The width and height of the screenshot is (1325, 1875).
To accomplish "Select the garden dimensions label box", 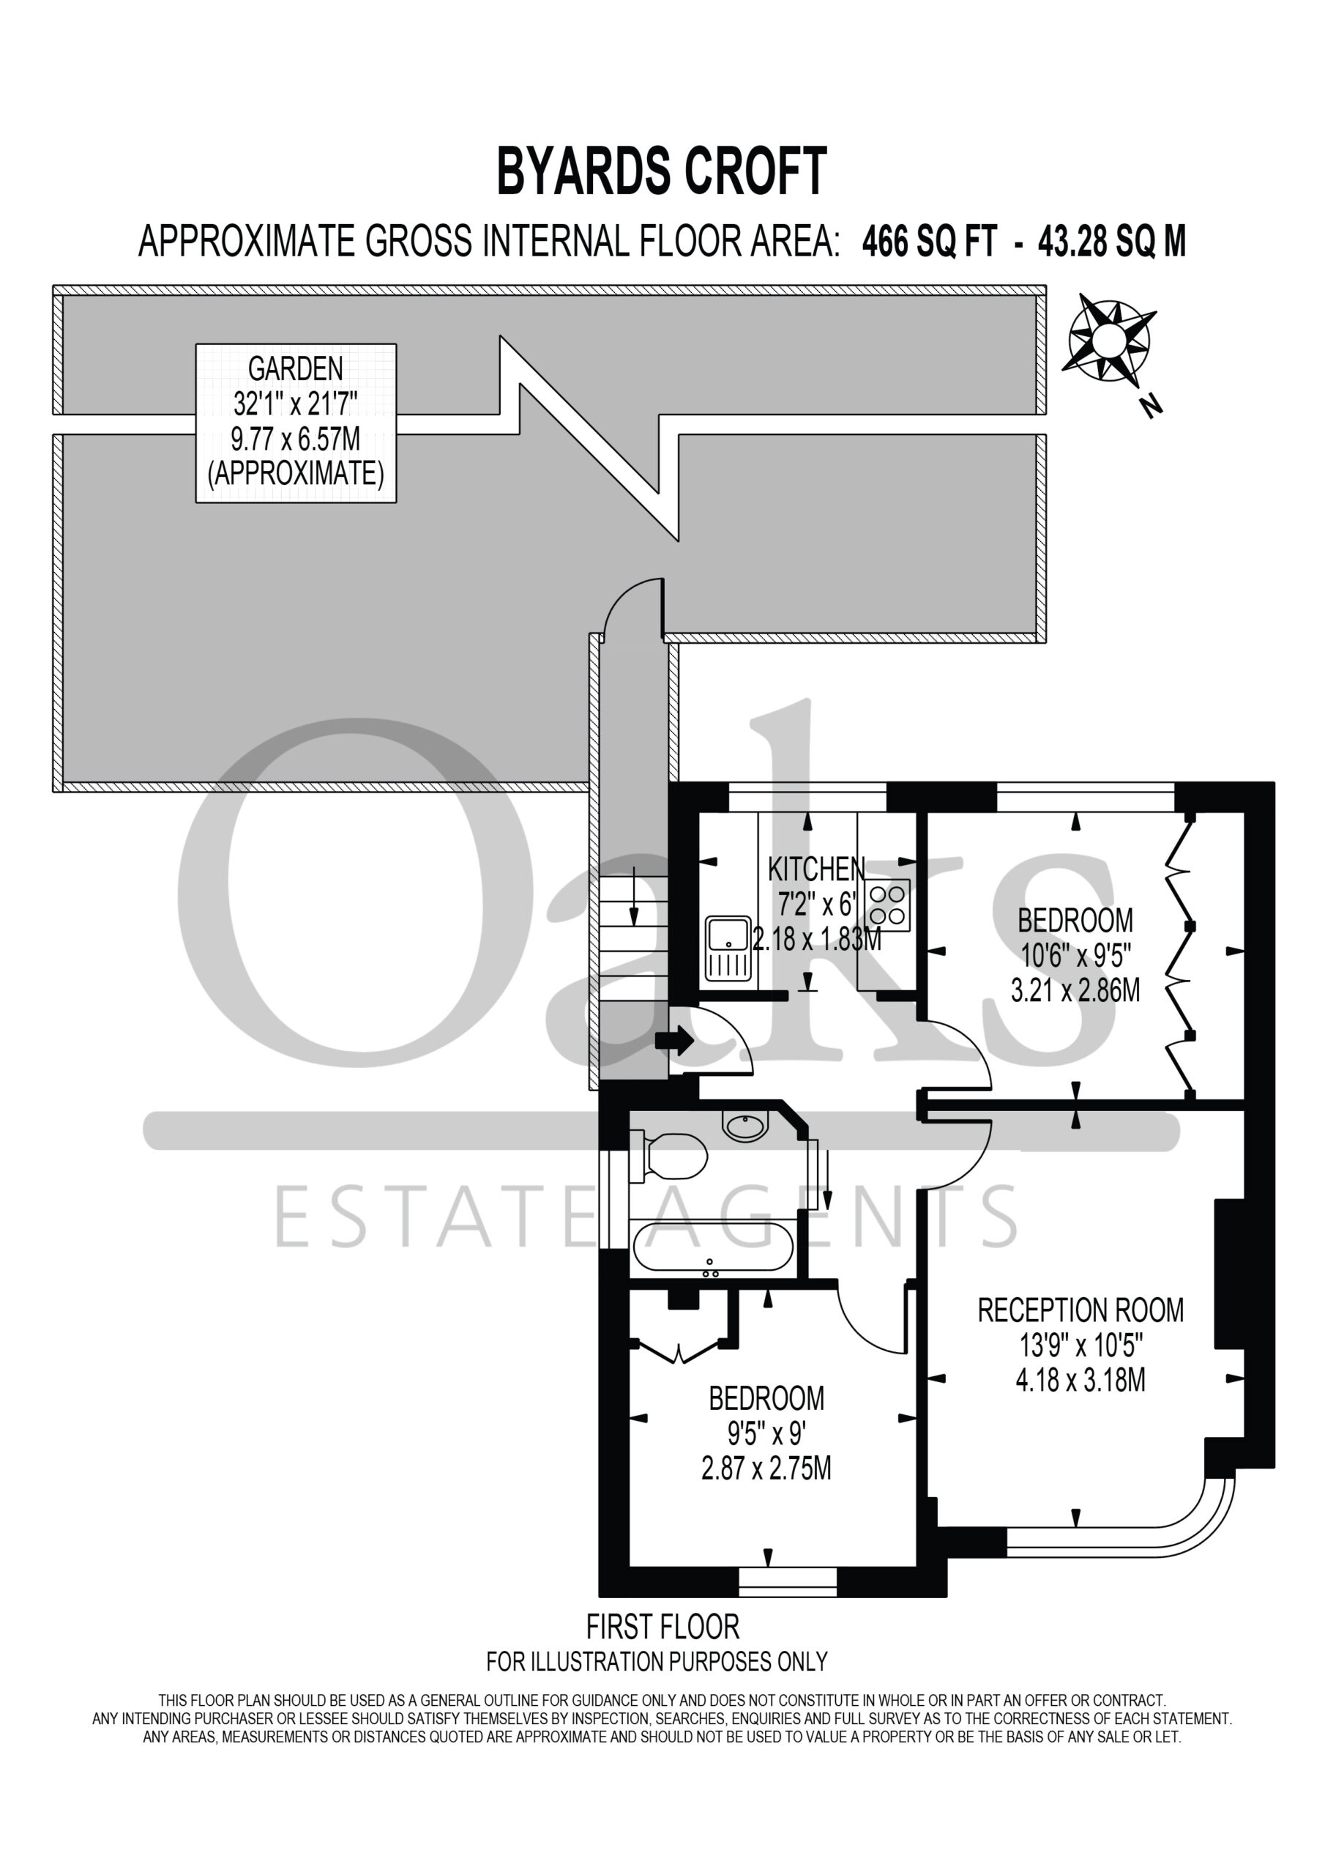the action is click(296, 423).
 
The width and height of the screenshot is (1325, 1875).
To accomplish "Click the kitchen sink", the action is click(728, 948).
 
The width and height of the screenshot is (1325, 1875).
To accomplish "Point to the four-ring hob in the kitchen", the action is click(887, 905).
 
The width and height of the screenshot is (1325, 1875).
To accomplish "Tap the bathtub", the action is click(713, 1249).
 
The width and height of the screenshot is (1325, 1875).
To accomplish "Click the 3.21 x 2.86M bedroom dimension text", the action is click(1075, 990).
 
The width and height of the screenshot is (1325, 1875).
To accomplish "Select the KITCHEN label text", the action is click(816, 869).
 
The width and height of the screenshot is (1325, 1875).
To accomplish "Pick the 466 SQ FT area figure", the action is click(929, 242).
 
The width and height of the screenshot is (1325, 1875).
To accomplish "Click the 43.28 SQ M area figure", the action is click(1111, 242).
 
